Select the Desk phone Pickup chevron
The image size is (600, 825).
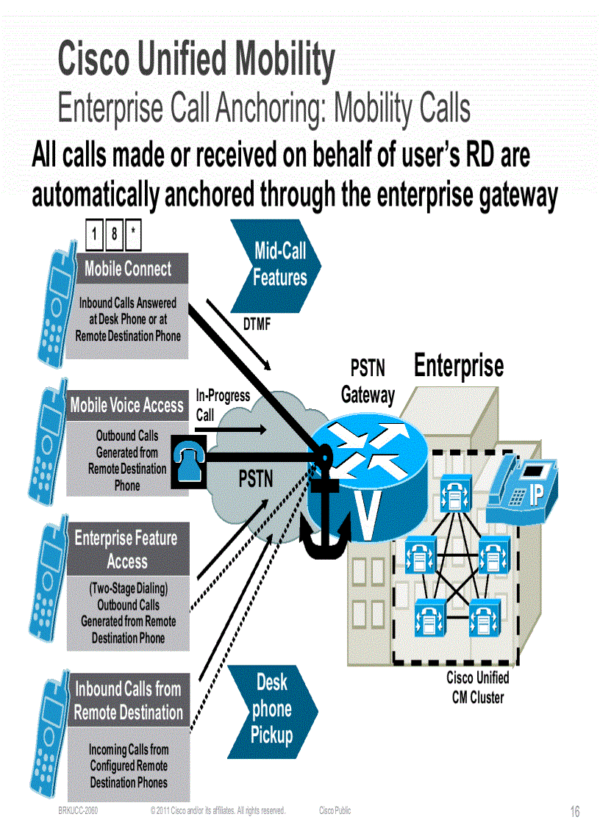click(272, 709)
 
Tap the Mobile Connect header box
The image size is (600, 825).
click(128, 269)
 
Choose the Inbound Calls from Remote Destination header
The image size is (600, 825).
click(128, 700)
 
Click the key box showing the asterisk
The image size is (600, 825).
click(133, 235)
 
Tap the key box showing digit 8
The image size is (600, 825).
click(114, 235)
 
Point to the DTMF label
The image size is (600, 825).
click(257, 324)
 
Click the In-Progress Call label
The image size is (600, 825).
click(222, 405)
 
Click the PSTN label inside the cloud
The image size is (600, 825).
click(256, 480)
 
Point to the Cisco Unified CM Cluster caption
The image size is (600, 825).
click(477, 687)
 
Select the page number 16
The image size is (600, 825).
click(575, 811)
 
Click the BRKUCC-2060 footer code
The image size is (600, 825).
click(78, 811)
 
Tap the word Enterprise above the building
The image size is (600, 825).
click(459, 366)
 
